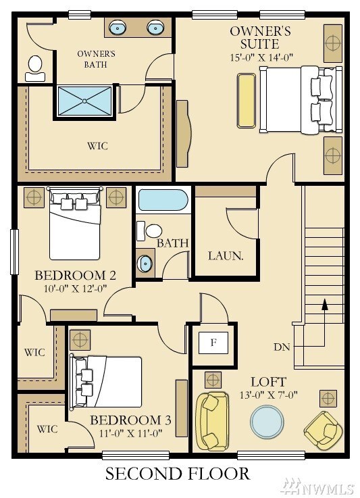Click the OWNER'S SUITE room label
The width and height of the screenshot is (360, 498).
pos(260,38)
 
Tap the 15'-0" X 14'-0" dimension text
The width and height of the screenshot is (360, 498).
pos(260,58)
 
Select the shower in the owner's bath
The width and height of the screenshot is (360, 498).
pos(85,101)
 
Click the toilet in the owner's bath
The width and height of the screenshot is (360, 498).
pos(35,66)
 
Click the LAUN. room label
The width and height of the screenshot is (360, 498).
pos(225,256)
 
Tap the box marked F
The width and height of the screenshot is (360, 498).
pos(213,343)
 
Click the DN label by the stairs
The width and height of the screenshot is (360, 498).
pos(282,347)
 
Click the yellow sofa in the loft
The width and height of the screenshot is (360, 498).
pos(211,422)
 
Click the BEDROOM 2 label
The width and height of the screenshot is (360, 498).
pos(75,276)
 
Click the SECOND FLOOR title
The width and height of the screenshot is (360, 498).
pos(177,474)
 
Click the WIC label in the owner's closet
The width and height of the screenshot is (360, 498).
pos(97,146)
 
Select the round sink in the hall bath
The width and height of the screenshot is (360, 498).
pos(145,262)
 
